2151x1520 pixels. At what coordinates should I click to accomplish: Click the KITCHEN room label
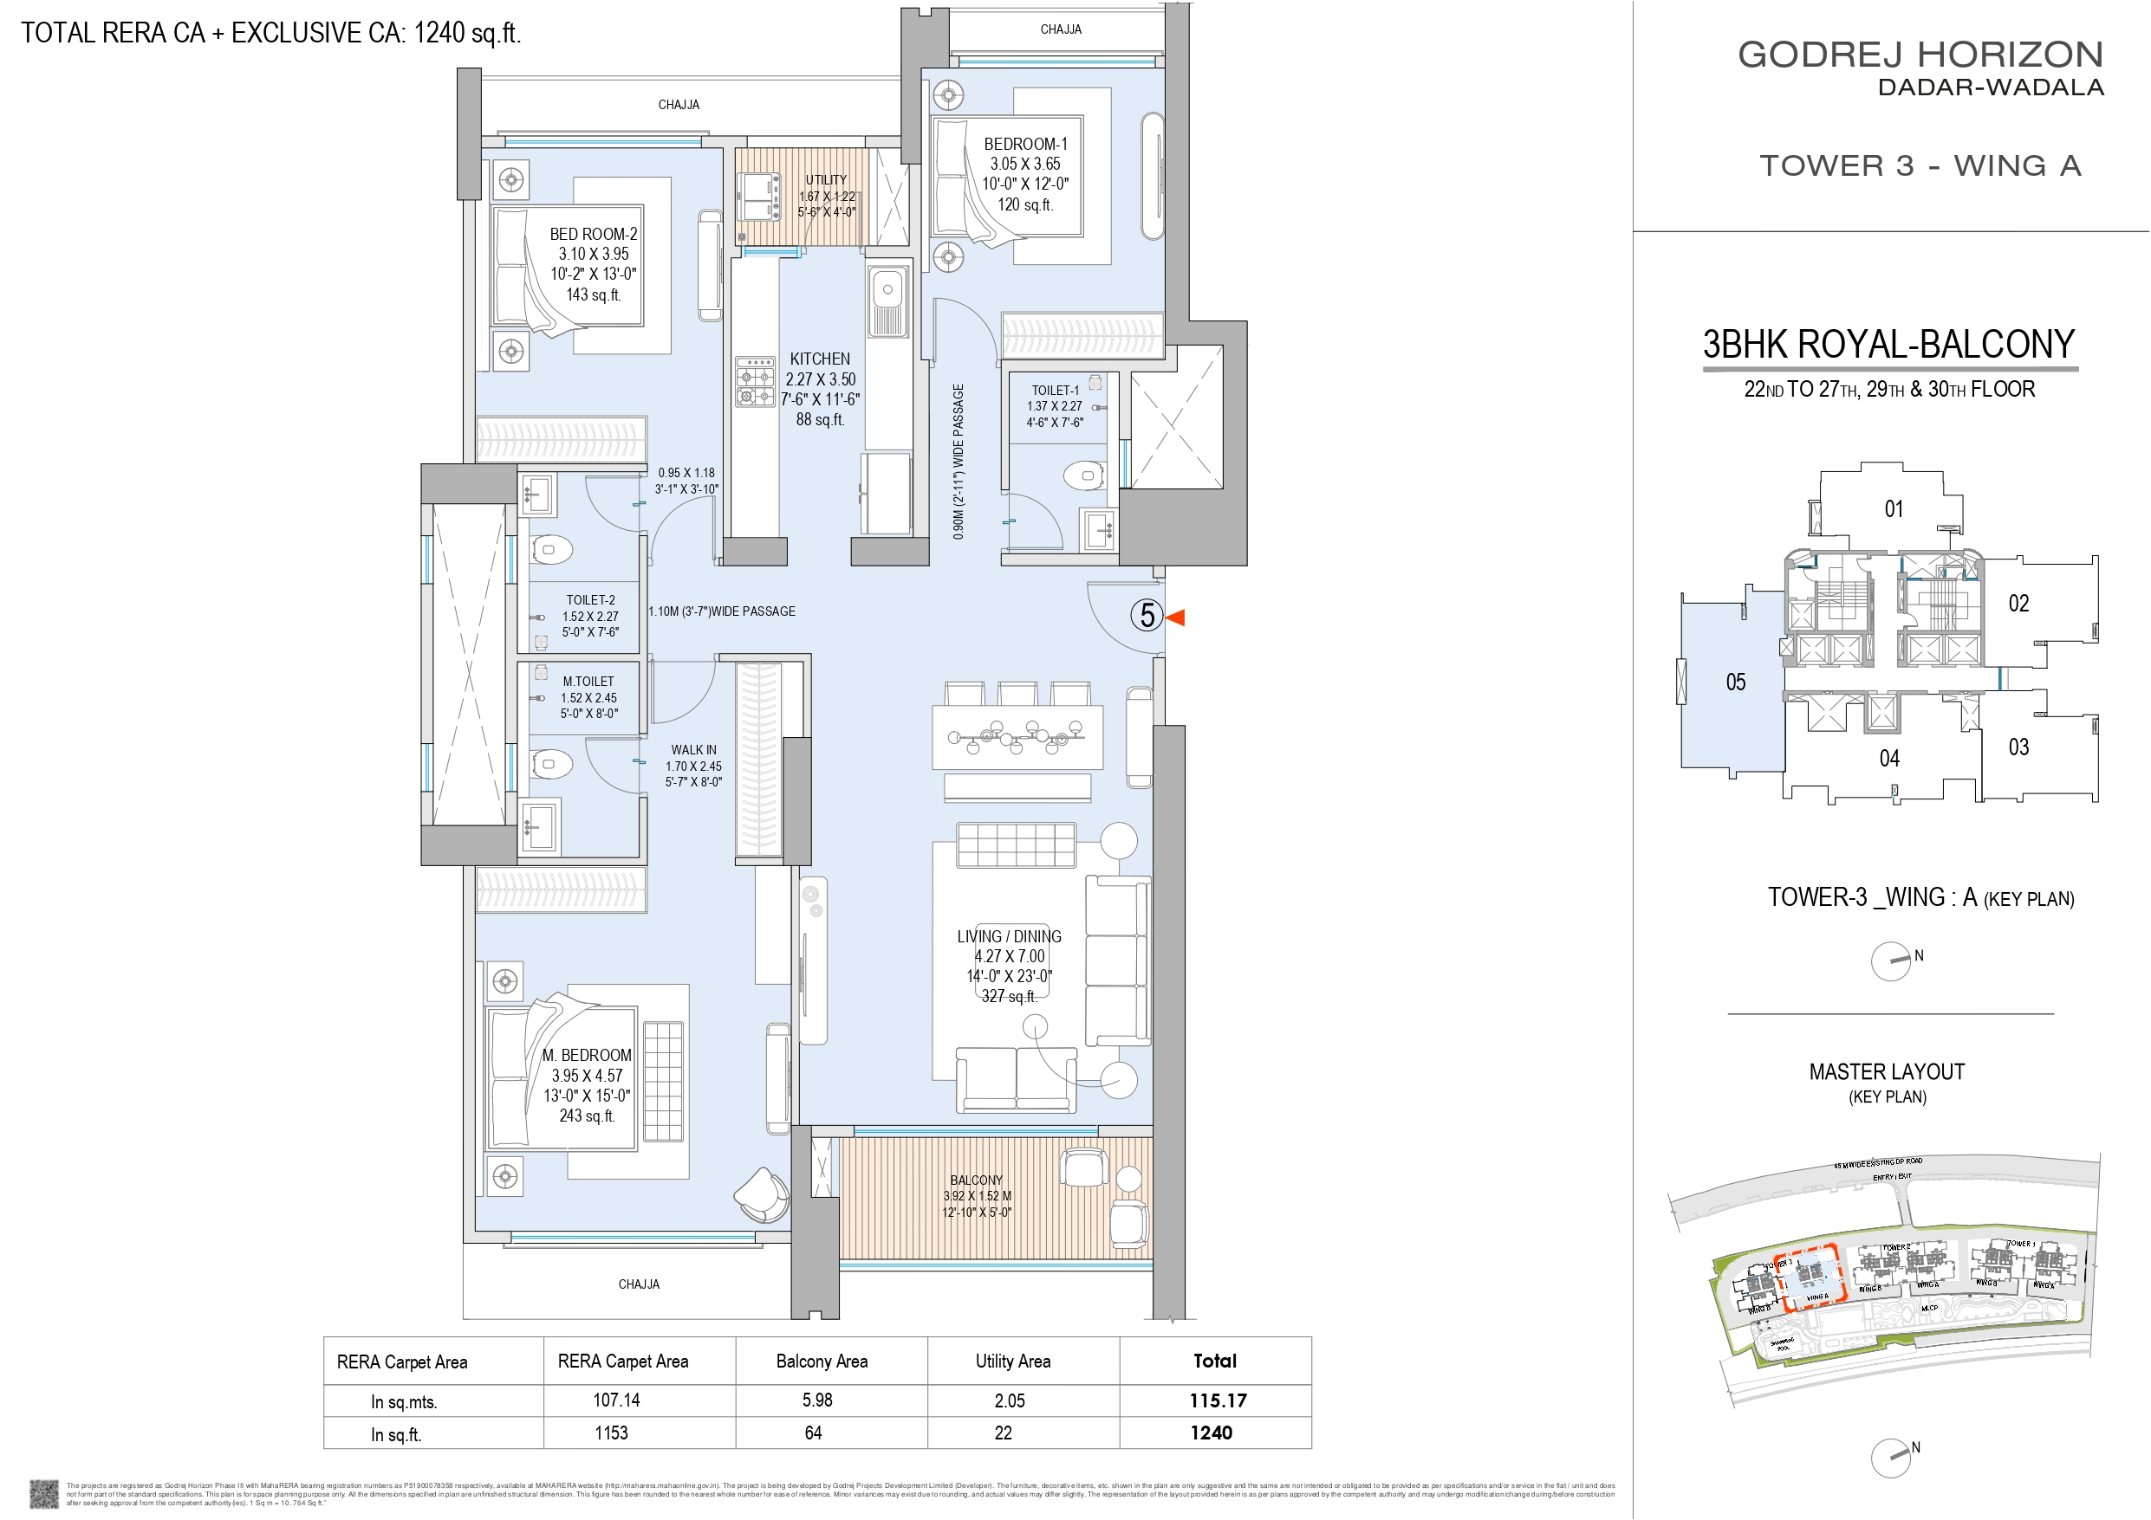click(820, 359)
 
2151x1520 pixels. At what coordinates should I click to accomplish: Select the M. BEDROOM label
click(587, 1056)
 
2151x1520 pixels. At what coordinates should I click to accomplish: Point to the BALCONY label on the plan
click(976, 1180)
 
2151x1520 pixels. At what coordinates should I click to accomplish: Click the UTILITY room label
click(825, 180)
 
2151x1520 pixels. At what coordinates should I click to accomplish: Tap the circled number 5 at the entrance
click(1147, 615)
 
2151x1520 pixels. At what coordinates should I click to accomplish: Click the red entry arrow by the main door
click(1176, 618)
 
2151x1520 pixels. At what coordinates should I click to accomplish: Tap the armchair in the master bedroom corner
click(761, 1194)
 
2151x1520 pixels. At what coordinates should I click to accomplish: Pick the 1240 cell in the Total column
click(1212, 1433)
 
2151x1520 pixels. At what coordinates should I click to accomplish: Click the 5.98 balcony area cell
click(817, 1400)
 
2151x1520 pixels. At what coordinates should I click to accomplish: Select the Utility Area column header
click(1013, 1361)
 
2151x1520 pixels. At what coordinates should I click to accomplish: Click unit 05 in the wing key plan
click(1735, 682)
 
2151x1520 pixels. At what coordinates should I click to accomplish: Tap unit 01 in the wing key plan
click(1894, 508)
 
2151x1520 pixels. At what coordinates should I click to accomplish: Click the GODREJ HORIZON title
click(1920, 55)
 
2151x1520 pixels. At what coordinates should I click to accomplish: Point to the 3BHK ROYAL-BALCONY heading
click(1888, 345)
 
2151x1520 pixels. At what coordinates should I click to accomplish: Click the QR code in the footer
click(43, 1493)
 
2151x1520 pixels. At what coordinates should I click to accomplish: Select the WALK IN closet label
click(693, 750)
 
